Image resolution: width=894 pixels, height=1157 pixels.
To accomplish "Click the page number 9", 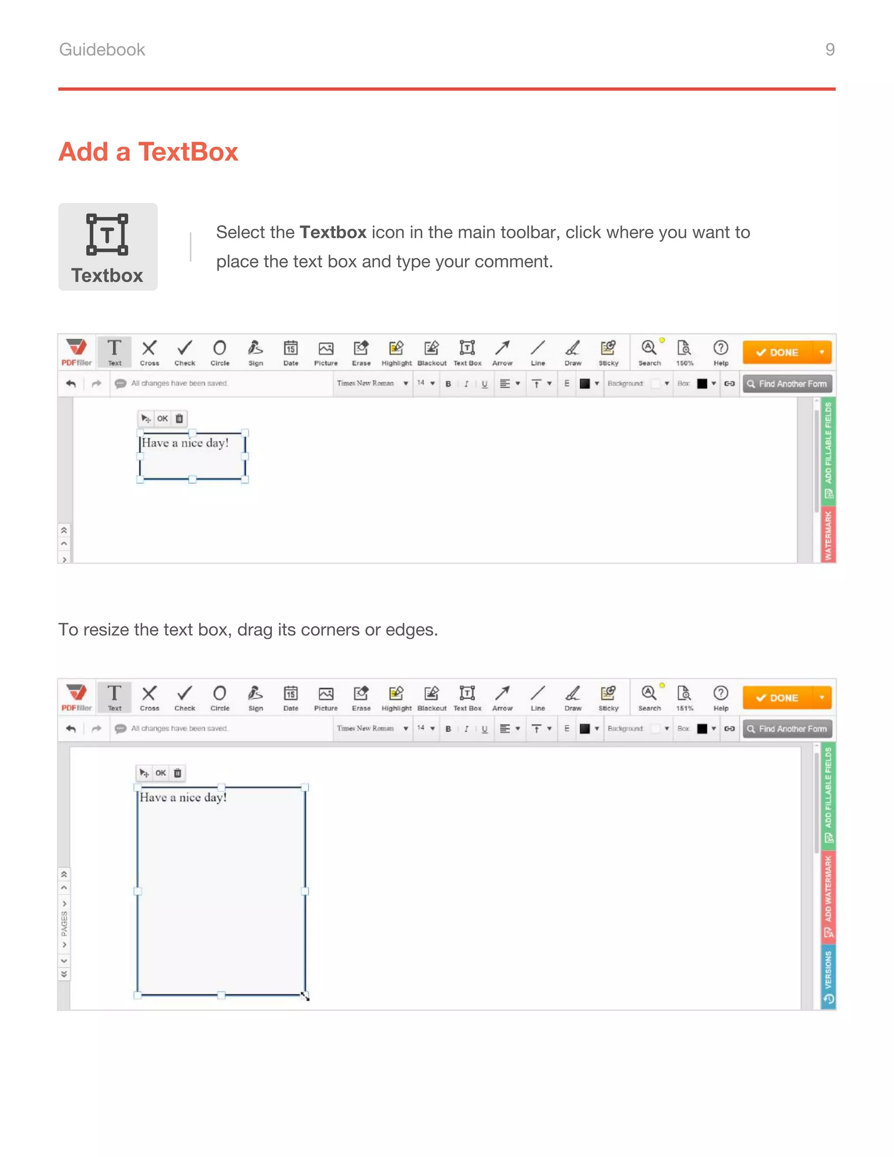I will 830,49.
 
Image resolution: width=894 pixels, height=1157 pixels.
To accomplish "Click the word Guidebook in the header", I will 102,49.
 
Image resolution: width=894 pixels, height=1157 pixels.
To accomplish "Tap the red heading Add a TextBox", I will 148,152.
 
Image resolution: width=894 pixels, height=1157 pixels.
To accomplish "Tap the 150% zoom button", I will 684,352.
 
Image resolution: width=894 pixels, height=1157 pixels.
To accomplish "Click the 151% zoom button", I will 684,698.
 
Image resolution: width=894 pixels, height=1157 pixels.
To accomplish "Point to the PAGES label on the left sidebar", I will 64,923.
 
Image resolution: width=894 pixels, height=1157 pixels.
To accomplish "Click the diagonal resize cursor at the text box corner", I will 305,996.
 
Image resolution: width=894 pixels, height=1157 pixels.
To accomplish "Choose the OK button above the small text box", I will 162,419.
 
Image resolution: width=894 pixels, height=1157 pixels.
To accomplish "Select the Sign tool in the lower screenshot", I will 255,698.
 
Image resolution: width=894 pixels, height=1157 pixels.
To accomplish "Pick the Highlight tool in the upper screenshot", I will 396,352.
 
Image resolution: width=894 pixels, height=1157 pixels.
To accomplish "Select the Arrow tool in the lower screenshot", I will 502,698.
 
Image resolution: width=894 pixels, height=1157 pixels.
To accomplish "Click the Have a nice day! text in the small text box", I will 185,443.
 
